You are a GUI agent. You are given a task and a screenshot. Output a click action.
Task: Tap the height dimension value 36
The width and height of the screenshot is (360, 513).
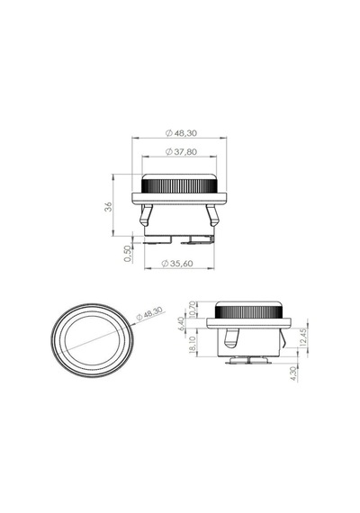point(108,206)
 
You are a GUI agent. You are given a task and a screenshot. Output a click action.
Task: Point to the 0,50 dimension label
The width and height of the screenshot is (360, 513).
point(127,254)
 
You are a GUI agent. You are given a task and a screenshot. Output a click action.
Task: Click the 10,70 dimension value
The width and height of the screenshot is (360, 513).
point(192,309)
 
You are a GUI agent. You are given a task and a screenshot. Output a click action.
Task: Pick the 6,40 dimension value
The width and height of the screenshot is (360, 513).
point(182,324)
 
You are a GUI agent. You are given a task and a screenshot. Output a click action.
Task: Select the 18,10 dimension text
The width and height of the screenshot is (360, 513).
point(192,345)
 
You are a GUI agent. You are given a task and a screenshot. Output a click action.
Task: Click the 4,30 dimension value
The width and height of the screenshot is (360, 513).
point(293,373)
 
